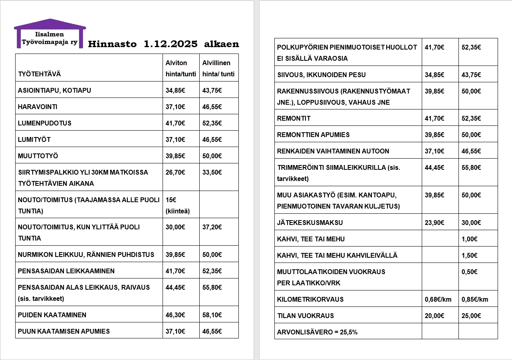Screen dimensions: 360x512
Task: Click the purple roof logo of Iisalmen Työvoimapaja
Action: [50, 33]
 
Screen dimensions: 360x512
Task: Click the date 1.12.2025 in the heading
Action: [170, 44]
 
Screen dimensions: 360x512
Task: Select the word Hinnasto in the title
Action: [112, 44]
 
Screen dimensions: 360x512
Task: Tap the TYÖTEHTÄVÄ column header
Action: [40, 74]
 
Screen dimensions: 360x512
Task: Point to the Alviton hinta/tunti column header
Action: [177, 68]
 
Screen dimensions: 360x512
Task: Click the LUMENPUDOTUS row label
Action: [45, 123]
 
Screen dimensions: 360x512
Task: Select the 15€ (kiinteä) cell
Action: [177, 205]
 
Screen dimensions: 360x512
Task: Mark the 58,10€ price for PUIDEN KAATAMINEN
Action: [212, 314]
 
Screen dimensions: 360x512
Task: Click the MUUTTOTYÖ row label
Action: [38, 156]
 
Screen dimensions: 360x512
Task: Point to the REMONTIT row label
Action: [294, 118]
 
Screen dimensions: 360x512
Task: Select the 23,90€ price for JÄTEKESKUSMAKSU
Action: [435, 223]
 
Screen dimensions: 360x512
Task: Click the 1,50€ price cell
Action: [469, 255]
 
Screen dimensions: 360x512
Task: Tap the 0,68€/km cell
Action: [438, 299]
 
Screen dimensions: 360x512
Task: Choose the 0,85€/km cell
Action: [475, 299]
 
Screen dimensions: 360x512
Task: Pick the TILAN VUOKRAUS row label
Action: [305, 316]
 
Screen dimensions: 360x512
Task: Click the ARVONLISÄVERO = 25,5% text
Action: [317, 332]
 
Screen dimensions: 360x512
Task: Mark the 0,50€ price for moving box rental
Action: [469, 272]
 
